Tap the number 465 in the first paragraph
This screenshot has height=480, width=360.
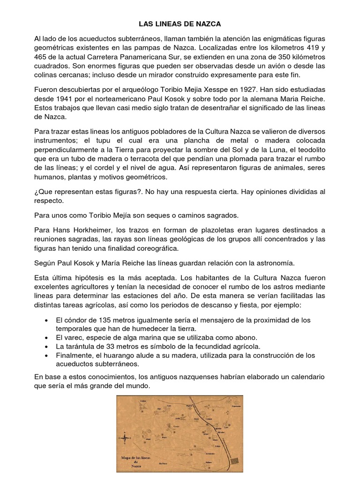tap(42, 56)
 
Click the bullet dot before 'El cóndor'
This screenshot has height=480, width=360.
tap(45, 320)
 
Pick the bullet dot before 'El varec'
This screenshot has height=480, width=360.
tap(45, 338)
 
